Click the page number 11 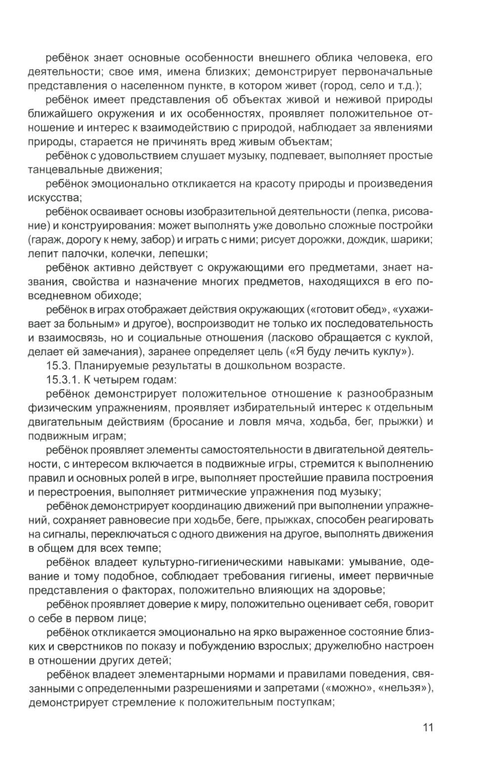[x=428, y=727]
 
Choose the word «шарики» [x=413, y=240]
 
